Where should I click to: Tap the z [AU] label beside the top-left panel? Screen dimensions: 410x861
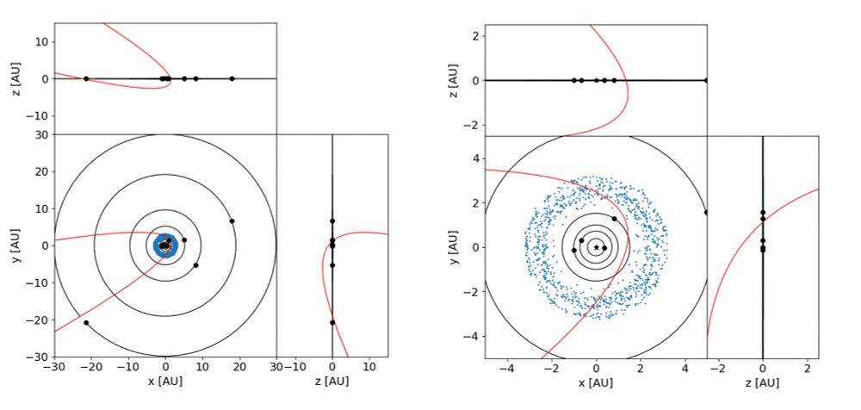coord(17,78)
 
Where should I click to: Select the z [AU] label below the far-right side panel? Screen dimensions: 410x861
coord(762,382)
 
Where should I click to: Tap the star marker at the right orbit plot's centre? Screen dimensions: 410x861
coord(596,247)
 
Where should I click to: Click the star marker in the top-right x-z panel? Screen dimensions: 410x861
coord(596,80)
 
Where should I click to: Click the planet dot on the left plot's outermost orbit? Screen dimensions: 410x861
coord(86,322)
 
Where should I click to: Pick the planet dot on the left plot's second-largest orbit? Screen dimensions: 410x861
coord(232,221)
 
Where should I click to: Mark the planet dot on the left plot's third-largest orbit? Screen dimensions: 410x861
coord(195,265)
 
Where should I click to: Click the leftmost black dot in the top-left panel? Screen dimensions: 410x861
coord(86,78)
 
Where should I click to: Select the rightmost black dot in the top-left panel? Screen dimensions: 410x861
coord(232,78)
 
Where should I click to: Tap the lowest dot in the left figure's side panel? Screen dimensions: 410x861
coord(332,322)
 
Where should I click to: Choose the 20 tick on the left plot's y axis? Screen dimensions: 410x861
coord(41,171)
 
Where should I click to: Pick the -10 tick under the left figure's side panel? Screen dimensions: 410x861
coord(294,365)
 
